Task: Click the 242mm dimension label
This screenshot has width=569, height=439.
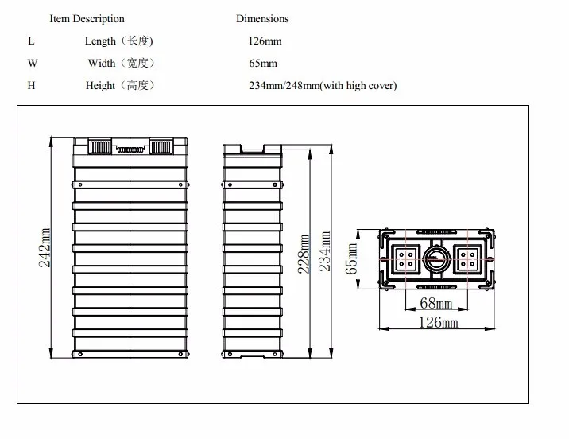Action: click(45, 247)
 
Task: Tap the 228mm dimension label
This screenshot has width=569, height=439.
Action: click(304, 254)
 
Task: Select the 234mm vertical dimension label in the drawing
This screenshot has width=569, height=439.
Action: click(325, 251)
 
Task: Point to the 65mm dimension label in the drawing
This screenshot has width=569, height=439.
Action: click(351, 259)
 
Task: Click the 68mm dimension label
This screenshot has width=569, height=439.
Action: click(435, 303)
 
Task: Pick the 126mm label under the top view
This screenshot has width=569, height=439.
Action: click(438, 322)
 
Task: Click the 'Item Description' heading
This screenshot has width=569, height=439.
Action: click(87, 19)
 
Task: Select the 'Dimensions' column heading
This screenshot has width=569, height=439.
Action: click(262, 19)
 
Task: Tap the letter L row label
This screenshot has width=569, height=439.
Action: click(31, 41)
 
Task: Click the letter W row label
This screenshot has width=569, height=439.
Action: click(33, 63)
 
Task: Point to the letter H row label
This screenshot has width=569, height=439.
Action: click(31, 86)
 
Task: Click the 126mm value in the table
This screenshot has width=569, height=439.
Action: click(265, 41)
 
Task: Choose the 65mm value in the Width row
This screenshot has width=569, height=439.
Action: click(263, 64)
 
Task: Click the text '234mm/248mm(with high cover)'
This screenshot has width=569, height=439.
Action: click(323, 86)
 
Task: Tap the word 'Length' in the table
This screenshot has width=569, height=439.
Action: click(100, 41)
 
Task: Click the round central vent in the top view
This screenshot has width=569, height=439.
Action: click(436, 259)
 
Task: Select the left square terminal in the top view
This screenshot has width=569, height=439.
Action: click(406, 259)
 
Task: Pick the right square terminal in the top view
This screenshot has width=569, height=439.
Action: click(467, 259)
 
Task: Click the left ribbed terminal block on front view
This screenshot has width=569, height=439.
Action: click(100, 146)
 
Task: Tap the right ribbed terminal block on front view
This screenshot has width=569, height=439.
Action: click(161, 146)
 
